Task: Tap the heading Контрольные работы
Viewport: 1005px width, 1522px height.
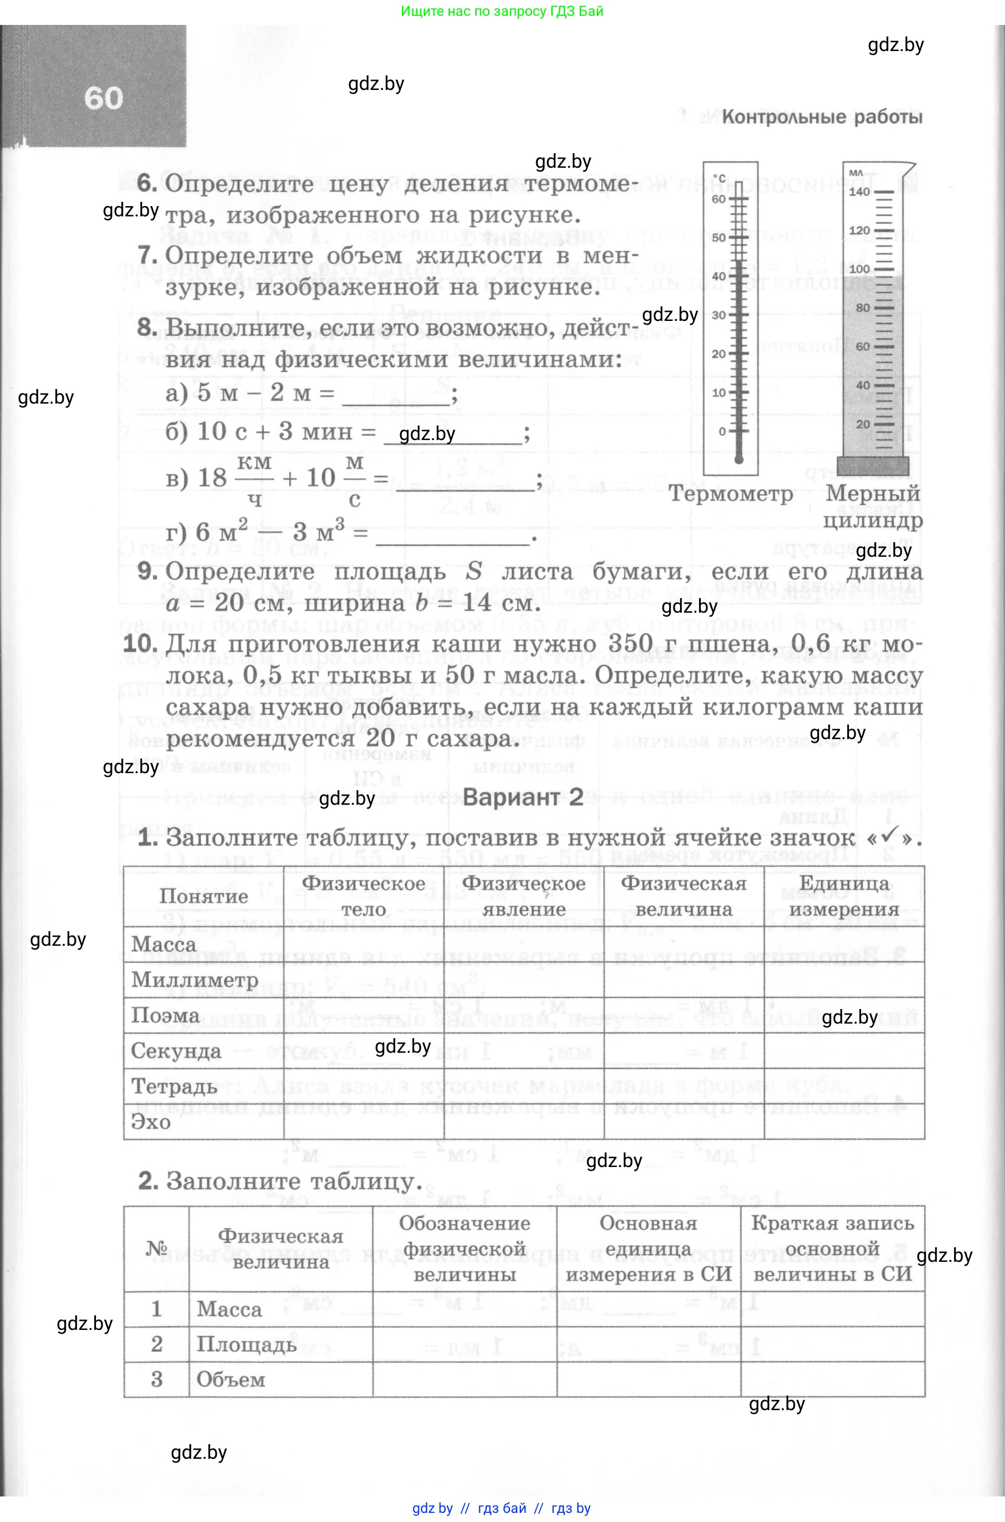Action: [822, 117]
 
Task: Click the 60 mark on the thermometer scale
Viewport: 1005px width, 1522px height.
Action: [719, 199]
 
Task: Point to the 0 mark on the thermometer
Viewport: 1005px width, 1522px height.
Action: [723, 432]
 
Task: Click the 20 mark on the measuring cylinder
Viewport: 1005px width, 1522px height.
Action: [863, 424]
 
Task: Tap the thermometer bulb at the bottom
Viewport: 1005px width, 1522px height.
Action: [738, 460]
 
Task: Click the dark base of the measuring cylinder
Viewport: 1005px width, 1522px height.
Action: [873, 467]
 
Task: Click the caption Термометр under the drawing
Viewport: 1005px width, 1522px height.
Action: [731, 494]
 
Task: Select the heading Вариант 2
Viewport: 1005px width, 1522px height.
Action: [523, 797]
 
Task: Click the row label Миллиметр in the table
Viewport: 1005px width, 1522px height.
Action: [195, 980]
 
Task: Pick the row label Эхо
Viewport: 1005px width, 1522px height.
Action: [151, 1122]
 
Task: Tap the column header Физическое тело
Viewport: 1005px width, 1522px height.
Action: [363, 896]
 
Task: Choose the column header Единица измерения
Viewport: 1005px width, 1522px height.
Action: [843, 896]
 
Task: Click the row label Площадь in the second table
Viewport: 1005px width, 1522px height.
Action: [246, 1344]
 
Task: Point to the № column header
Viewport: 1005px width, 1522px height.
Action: [157, 1248]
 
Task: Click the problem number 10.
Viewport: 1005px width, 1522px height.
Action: [139, 643]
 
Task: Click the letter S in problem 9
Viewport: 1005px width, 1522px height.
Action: [474, 571]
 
